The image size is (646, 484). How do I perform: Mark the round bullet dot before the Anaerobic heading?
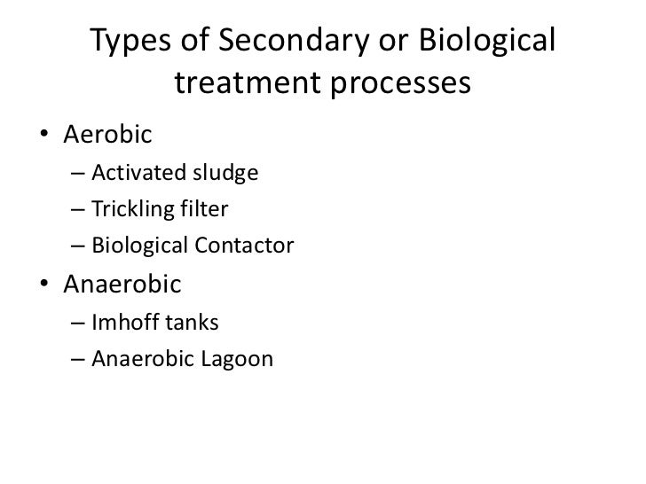(x=43, y=286)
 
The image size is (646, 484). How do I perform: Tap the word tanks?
(x=185, y=324)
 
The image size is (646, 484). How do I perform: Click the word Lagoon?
(x=240, y=361)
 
